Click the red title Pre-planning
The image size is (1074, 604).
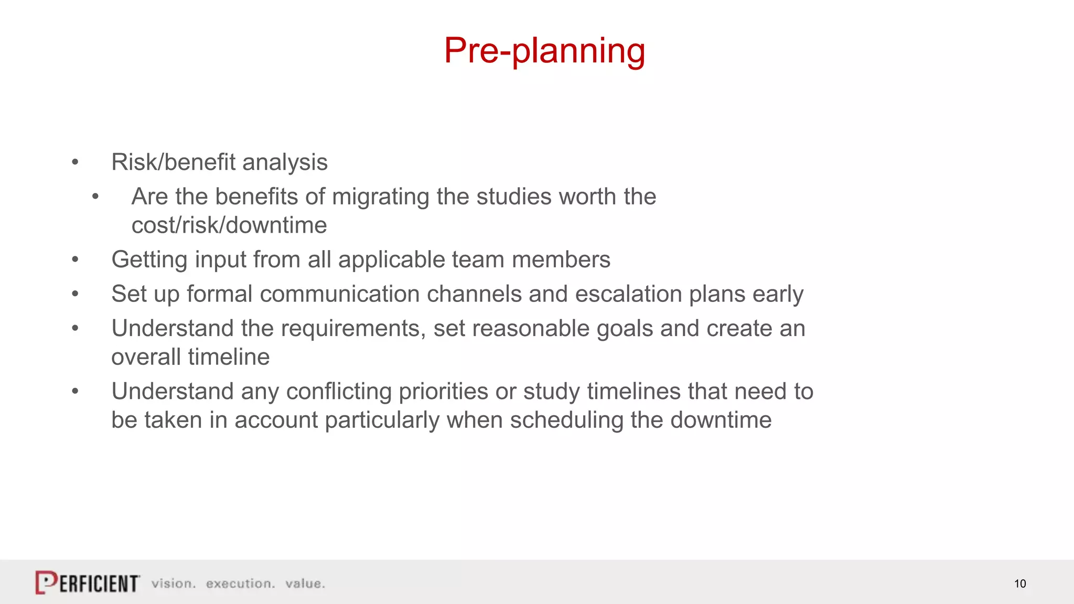(x=544, y=51)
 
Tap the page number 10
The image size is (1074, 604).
(x=1019, y=584)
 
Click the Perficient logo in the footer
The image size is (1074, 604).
(x=88, y=583)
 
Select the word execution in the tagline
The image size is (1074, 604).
(x=240, y=584)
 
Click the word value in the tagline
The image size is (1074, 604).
(x=305, y=584)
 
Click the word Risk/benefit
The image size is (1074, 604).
(x=173, y=163)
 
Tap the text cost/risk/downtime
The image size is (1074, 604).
(x=229, y=225)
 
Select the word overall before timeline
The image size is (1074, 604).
(x=146, y=357)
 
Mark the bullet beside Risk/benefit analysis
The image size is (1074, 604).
(x=75, y=163)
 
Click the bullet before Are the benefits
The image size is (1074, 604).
(x=95, y=197)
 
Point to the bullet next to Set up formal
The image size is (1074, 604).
(x=75, y=294)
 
